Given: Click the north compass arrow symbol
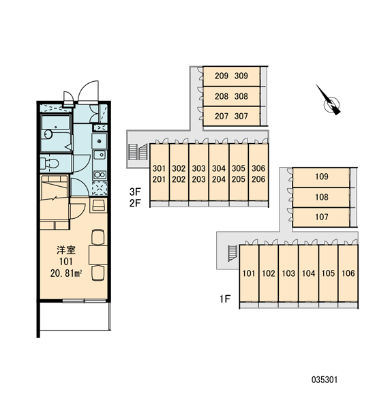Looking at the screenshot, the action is coord(329,100).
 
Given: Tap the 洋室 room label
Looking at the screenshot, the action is coord(66,250).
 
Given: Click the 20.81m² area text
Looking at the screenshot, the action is coord(66,273).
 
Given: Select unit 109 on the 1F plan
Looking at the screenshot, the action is coord(321,177).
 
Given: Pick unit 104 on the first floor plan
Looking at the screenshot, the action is coord(308,273).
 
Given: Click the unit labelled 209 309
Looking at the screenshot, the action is coord(231,76).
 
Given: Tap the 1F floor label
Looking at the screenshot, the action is coord(225,299).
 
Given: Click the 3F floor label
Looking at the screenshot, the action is coord(135,192).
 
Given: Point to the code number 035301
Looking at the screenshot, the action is coord(325,380).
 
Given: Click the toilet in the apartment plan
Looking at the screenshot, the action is coord(50,164).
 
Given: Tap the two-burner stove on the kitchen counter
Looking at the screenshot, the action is coord(100,175).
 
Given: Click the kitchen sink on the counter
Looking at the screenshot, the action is coord(100,155).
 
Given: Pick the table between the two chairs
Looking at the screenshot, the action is coord(98,254).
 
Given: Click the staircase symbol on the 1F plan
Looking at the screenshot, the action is coord(232,254).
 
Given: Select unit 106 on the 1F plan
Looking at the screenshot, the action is coord(348,273).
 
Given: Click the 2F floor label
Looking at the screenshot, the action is coord(135,202).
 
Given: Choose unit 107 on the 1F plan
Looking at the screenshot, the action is coord(321,217).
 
